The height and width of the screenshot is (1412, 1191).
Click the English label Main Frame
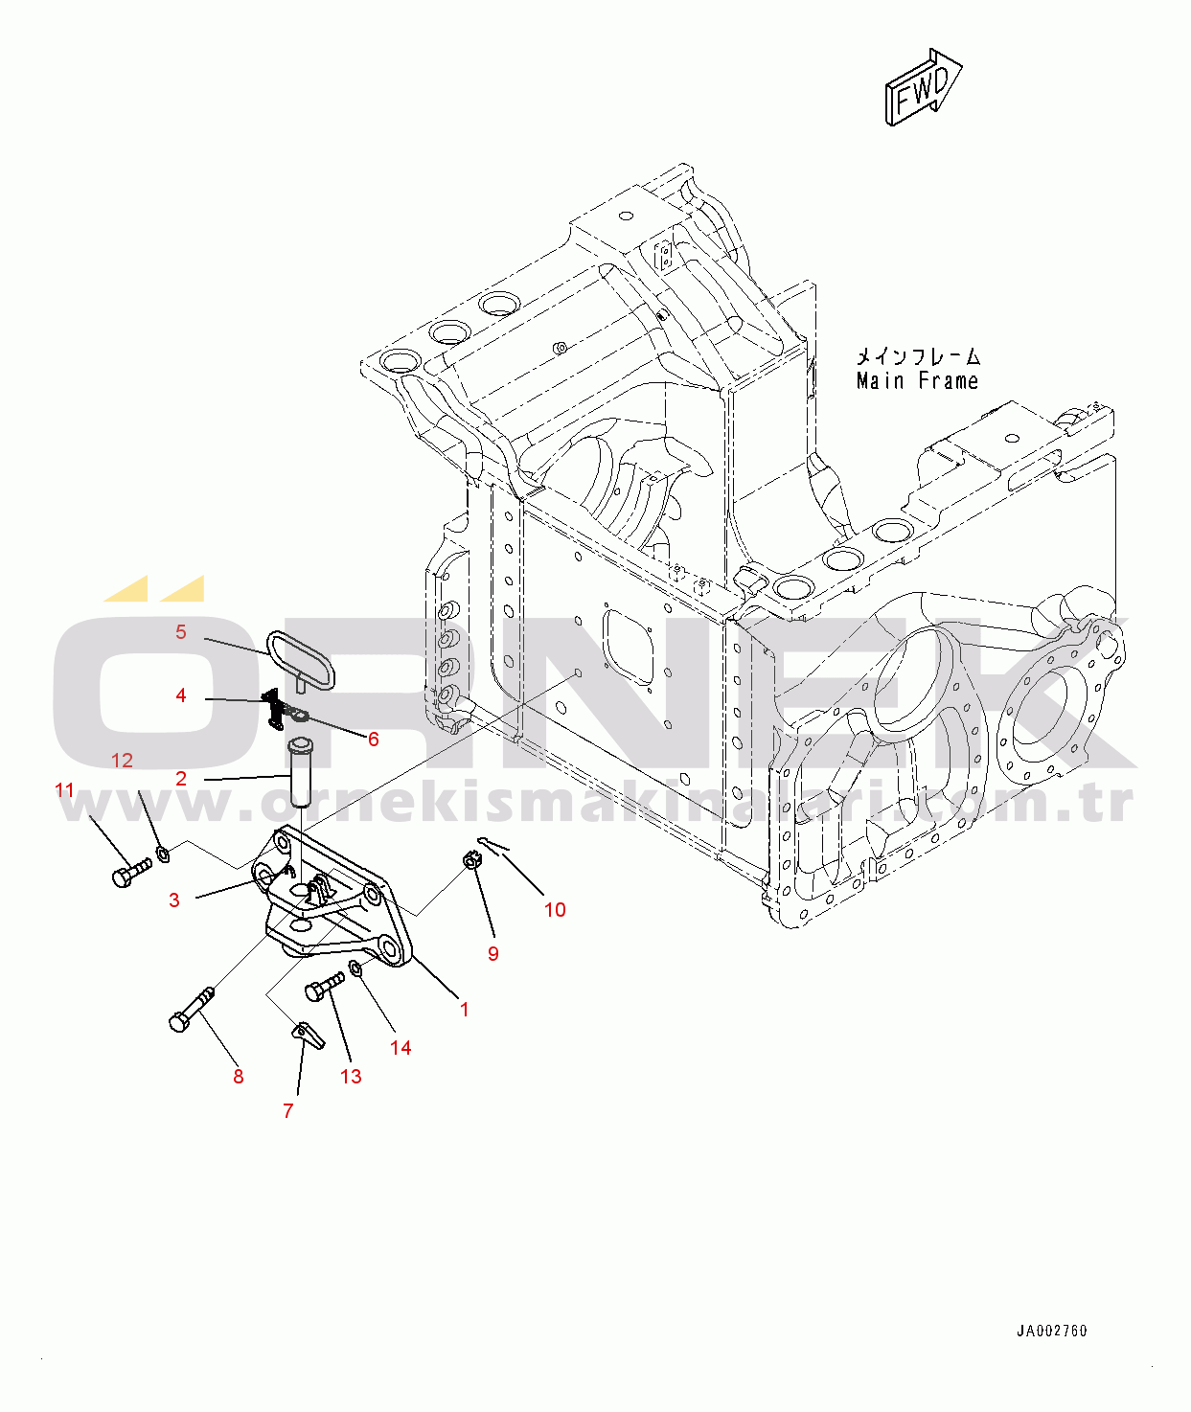[x=917, y=381]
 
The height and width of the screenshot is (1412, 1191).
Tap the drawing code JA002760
[x=1052, y=1332]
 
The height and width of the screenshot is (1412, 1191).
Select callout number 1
[x=465, y=1010]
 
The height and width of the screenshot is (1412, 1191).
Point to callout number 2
[x=180, y=779]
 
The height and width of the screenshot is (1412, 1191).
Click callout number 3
[x=174, y=900]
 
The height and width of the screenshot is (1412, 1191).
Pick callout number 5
[x=180, y=631]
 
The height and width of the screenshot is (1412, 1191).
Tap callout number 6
[x=374, y=740]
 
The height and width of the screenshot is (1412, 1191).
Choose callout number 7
[x=288, y=1110]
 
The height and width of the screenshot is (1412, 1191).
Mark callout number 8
[x=238, y=1077]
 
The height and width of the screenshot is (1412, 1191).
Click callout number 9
[x=493, y=953]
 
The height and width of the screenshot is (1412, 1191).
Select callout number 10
[x=555, y=909]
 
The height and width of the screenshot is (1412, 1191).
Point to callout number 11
[x=64, y=790]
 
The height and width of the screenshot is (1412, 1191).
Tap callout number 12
[x=122, y=760]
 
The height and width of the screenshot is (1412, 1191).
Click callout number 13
[x=351, y=1077]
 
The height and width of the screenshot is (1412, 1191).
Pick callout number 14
[x=401, y=1047]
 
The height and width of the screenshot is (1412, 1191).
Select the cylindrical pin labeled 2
[x=298, y=773]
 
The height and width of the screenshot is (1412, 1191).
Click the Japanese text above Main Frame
[x=918, y=356]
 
